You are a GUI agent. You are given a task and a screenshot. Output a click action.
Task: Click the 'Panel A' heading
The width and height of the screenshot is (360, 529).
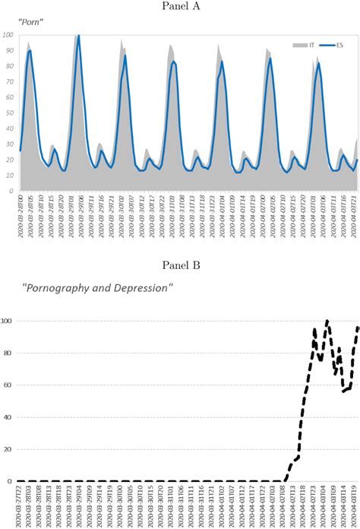click(180, 8)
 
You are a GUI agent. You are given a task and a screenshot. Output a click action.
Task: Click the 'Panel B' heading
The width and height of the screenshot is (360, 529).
click(180, 264)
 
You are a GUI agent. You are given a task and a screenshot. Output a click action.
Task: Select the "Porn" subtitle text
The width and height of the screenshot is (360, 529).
click(31, 23)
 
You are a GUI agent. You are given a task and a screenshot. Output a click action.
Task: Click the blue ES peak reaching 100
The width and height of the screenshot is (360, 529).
click(78, 35)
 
